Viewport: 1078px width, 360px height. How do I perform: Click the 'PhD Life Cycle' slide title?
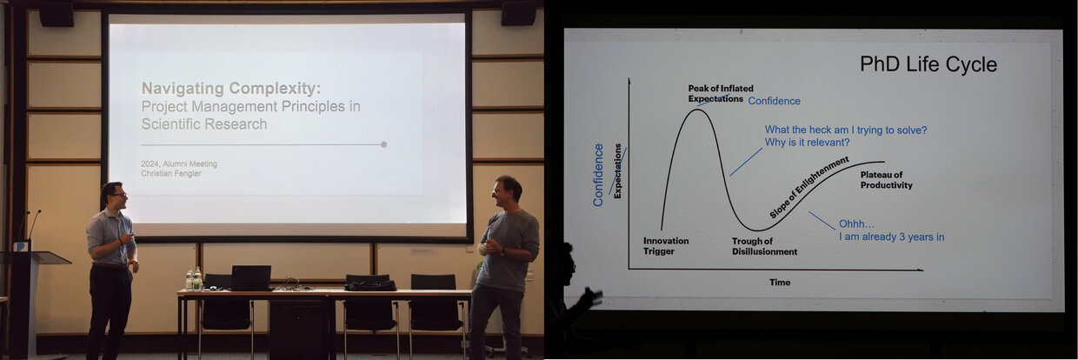click(928, 64)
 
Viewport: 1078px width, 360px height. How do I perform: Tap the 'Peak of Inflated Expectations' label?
click(721, 93)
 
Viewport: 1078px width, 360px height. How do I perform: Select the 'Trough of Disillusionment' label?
click(764, 246)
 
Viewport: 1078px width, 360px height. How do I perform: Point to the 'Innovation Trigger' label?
click(666, 246)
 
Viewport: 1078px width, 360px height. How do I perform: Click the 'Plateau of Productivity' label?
click(886, 180)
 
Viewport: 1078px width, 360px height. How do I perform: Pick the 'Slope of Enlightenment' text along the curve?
click(808, 187)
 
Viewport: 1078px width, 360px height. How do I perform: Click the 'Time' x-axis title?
click(780, 283)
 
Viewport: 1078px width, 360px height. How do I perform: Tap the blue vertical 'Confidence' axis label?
click(598, 175)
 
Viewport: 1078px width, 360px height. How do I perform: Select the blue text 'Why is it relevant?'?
click(807, 143)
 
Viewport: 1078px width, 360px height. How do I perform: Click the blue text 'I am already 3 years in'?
click(891, 237)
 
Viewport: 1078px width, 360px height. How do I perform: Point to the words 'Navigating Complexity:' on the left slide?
click(231, 88)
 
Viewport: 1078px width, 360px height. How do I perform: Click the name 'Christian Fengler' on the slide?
click(171, 173)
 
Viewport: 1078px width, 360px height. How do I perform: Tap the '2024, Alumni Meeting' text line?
click(179, 163)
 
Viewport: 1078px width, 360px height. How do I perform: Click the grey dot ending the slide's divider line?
click(383, 144)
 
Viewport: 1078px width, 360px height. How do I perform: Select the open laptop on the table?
click(250, 278)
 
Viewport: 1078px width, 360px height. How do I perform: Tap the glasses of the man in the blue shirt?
click(120, 195)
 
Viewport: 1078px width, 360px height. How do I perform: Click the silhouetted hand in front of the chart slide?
click(591, 296)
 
